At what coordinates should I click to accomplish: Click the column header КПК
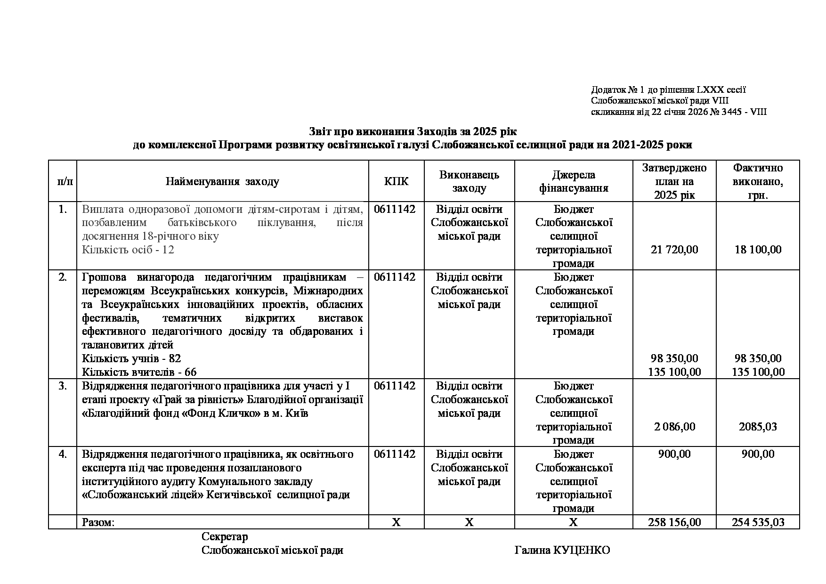[397, 181]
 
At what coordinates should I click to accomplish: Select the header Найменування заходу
[222, 181]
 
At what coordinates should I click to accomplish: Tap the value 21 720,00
[674, 250]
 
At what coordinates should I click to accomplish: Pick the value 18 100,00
[758, 250]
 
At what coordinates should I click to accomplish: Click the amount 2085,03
[758, 427]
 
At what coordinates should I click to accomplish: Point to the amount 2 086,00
[674, 427]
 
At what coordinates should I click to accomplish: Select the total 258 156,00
[674, 522]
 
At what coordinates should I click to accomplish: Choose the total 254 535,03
[758, 522]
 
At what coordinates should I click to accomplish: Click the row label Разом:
[98, 522]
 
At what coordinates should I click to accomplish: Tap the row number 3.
[63, 386]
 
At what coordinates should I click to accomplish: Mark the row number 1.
[63, 209]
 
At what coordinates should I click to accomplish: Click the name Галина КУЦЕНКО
[562, 550]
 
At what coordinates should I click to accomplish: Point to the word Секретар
[225, 536]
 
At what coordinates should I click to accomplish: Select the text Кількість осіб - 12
[128, 250]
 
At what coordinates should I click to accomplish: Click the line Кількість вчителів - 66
[139, 372]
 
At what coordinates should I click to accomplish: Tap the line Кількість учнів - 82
[131, 358]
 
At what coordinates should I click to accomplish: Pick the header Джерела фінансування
[574, 181]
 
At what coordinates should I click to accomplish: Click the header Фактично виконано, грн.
[758, 181]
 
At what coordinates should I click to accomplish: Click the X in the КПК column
[397, 522]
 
